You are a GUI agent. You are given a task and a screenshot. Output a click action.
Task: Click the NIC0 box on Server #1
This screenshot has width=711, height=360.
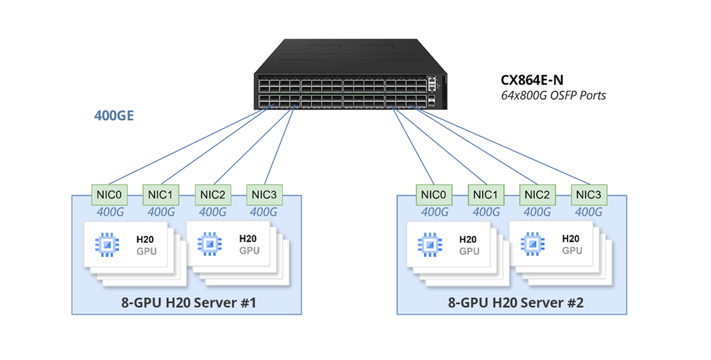click(x=109, y=194)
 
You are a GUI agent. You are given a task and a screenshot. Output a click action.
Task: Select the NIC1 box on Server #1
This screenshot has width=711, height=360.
click(x=161, y=194)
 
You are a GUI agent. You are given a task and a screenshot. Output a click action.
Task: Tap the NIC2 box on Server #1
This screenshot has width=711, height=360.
click(x=212, y=194)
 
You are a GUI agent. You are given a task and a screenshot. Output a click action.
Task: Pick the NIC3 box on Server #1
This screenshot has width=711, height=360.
click(x=264, y=194)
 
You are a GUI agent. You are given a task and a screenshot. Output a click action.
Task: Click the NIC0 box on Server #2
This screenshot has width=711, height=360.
click(x=434, y=194)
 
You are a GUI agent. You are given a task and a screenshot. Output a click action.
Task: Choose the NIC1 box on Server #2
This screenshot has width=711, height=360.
click(x=485, y=194)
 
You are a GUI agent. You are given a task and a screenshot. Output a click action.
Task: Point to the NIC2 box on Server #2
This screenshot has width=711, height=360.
click(x=537, y=194)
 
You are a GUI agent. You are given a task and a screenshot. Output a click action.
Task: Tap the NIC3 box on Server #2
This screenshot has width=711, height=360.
click(x=589, y=194)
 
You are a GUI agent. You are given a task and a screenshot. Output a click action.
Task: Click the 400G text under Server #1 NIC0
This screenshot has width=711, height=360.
click(x=110, y=212)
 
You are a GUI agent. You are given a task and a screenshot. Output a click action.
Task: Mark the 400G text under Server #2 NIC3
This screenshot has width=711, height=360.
click(x=588, y=212)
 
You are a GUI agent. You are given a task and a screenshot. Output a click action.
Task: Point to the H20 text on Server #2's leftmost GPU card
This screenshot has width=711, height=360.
click(x=468, y=239)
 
